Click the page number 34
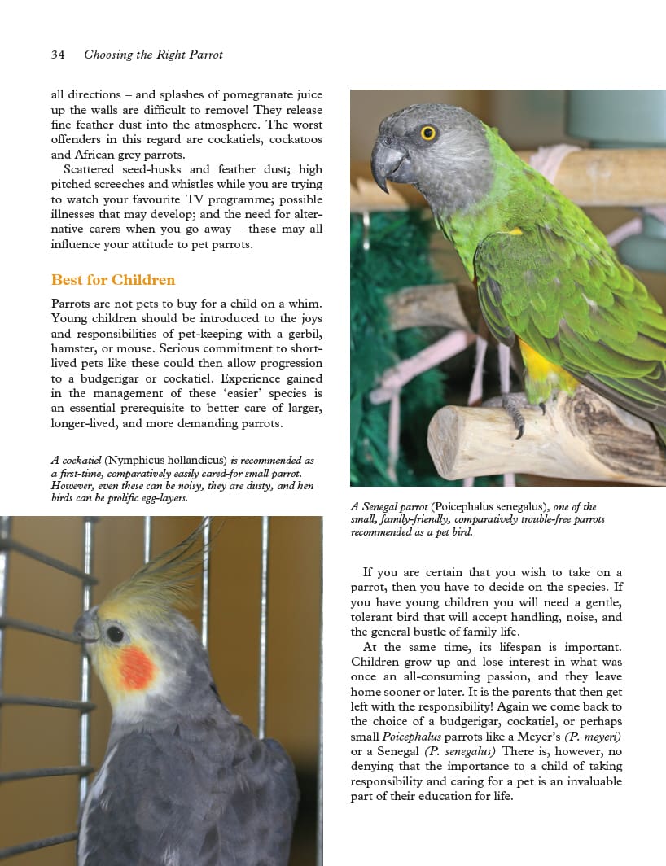pyautogui.click(x=58, y=55)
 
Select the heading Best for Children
pyautogui.click(x=113, y=280)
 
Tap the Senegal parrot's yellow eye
pyautogui.click(x=427, y=132)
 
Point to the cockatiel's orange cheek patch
pyautogui.click(x=135, y=667)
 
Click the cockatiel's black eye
pyautogui.click(x=115, y=632)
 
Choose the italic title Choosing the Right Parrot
pyautogui.click(x=153, y=55)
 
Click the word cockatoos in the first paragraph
pyautogui.click(x=296, y=139)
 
